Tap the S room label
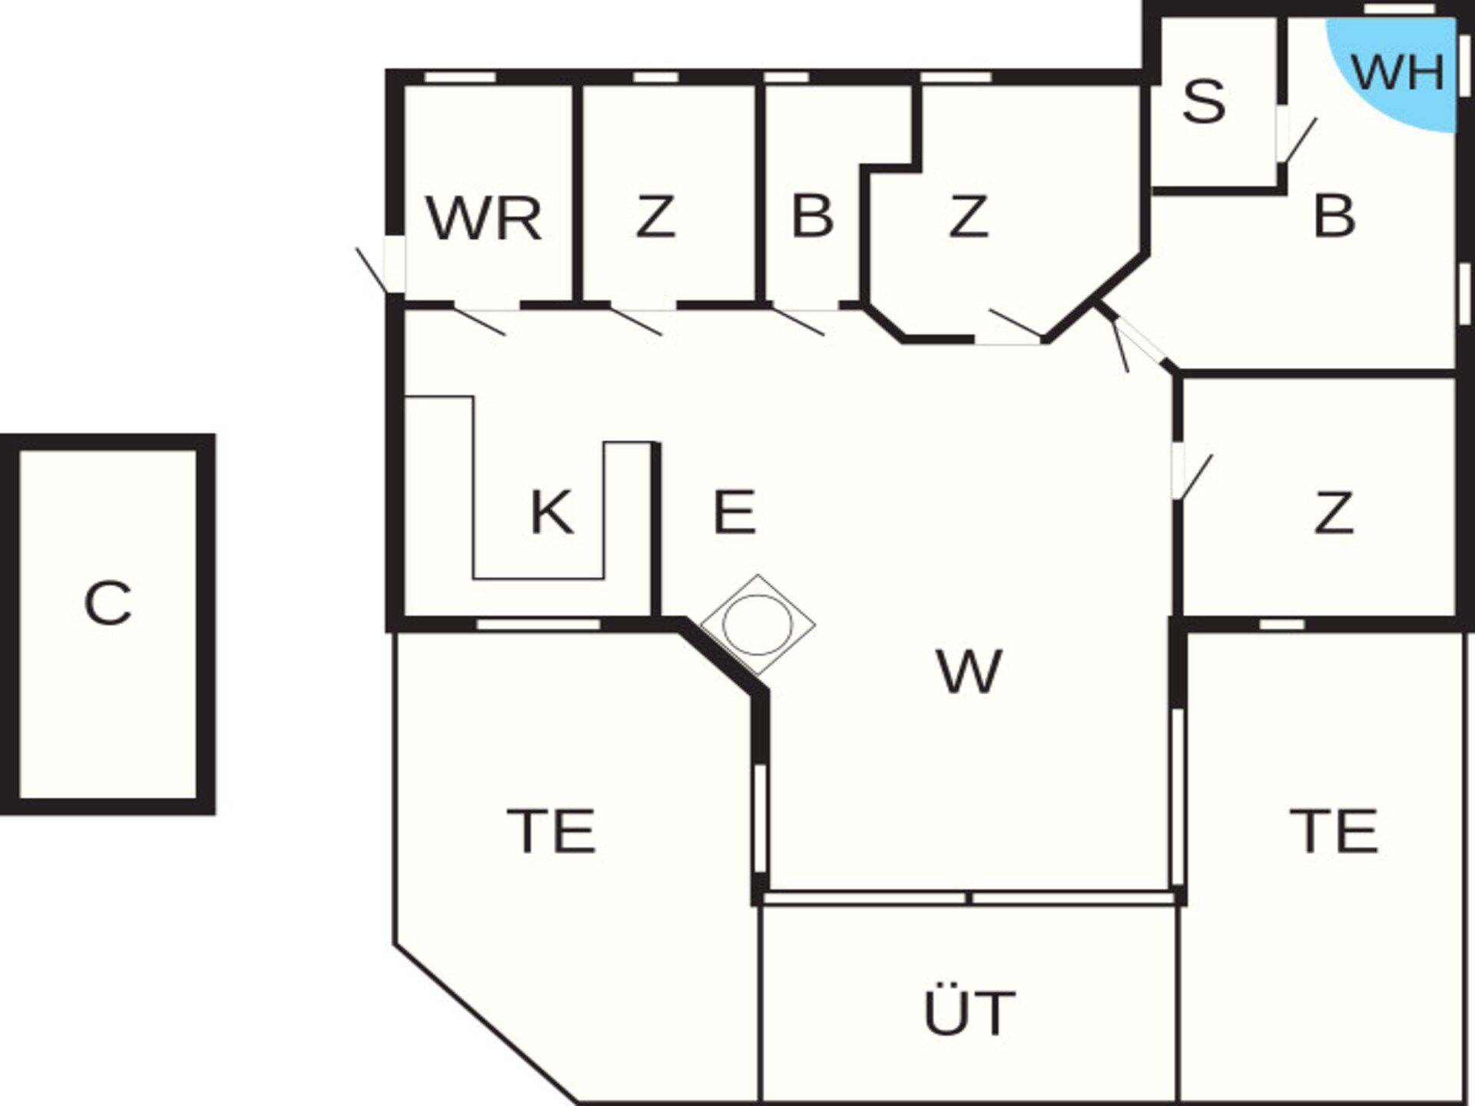click(x=1204, y=101)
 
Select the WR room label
click(x=483, y=219)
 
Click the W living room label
click(x=969, y=671)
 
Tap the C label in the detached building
click(x=108, y=603)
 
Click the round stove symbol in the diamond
click(x=757, y=624)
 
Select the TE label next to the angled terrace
click(x=552, y=831)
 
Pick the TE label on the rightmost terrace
click(x=1334, y=831)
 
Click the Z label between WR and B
click(x=655, y=217)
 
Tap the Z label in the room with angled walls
click(x=968, y=217)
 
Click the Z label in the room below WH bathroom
click(x=1334, y=513)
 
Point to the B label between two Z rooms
click(x=812, y=217)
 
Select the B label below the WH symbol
click(x=1334, y=217)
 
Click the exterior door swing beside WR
click(x=372, y=270)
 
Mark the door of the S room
click(x=1298, y=140)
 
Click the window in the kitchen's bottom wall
click(x=538, y=624)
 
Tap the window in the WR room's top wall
click(x=460, y=77)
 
